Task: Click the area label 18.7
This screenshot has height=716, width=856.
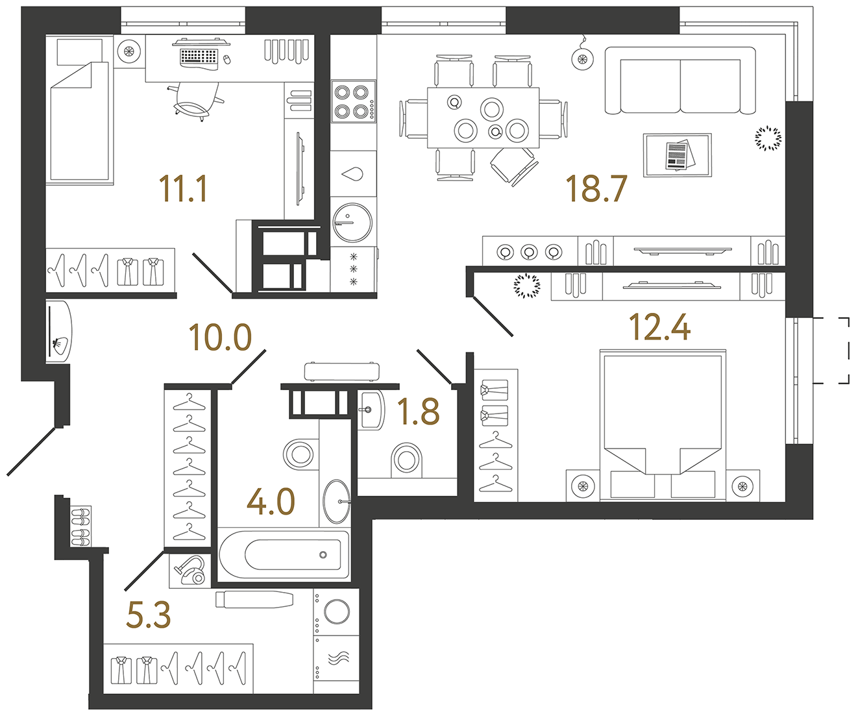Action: [596, 189]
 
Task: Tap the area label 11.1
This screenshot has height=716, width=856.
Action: [183, 190]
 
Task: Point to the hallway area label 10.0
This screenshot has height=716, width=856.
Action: [219, 338]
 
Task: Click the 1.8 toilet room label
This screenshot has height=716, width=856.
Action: [418, 412]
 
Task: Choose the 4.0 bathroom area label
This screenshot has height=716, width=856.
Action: [271, 502]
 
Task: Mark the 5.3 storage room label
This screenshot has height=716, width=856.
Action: [148, 615]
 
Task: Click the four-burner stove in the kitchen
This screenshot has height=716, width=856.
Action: [353, 101]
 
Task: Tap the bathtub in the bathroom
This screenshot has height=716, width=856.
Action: [284, 554]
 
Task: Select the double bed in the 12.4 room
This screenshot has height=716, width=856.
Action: [662, 425]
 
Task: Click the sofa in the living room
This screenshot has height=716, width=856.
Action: [680, 80]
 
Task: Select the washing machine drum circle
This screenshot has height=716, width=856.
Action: [337, 611]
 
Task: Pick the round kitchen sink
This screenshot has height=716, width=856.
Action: [352, 222]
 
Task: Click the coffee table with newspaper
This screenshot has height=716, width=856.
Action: [677, 155]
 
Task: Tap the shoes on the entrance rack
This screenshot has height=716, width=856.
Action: [81, 526]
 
